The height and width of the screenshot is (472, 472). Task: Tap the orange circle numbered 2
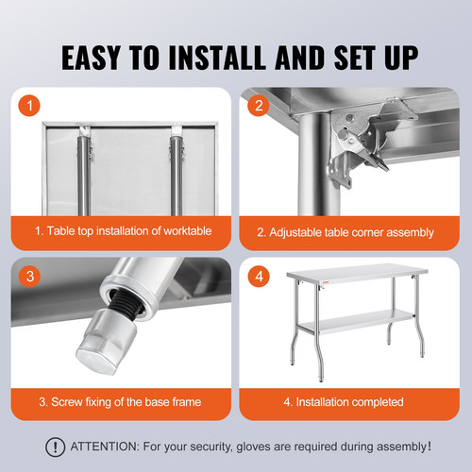click(x=258, y=106)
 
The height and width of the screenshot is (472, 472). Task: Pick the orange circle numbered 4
click(x=258, y=276)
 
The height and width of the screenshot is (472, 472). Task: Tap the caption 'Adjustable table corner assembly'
click(x=346, y=231)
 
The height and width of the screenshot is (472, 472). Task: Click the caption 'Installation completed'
click(x=345, y=401)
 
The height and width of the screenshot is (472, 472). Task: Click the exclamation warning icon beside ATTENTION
click(x=57, y=447)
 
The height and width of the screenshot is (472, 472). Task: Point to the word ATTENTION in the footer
click(x=106, y=447)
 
